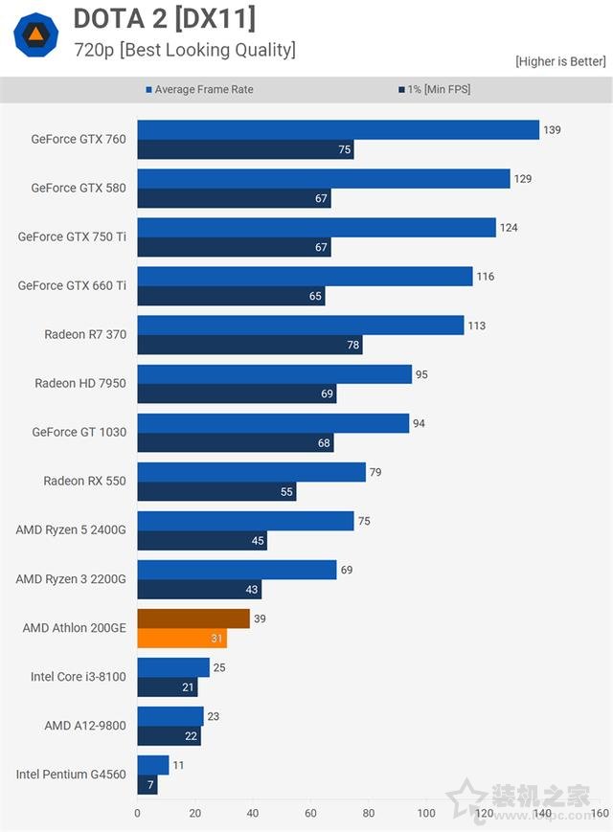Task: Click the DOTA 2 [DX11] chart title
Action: [x=164, y=18]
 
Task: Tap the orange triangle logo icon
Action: [x=35, y=36]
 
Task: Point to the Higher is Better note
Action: [x=559, y=61]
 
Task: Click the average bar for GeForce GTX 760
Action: [x=337, y=130]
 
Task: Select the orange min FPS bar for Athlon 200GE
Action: [x=182, y=639]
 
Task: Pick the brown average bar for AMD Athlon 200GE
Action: [x=193, y=618]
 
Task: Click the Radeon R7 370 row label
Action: [x=85, y=334]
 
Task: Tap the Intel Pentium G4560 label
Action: [x=71, y=774]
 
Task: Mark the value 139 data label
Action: [x=552, y=130]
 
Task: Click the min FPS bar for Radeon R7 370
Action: [x=249, y=345]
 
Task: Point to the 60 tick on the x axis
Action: [x=310, y=814]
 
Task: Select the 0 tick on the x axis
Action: [x=137, y=814]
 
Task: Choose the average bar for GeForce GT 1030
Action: [x=273, y=423]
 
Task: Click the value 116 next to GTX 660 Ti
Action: [x=486, y=277]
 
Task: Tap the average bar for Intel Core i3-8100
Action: [x=173, y=667]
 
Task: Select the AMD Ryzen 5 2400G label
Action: [x=72, y=529]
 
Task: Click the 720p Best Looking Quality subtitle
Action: [x=185, y=50]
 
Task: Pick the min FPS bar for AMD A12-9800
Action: [x=169, y=736]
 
